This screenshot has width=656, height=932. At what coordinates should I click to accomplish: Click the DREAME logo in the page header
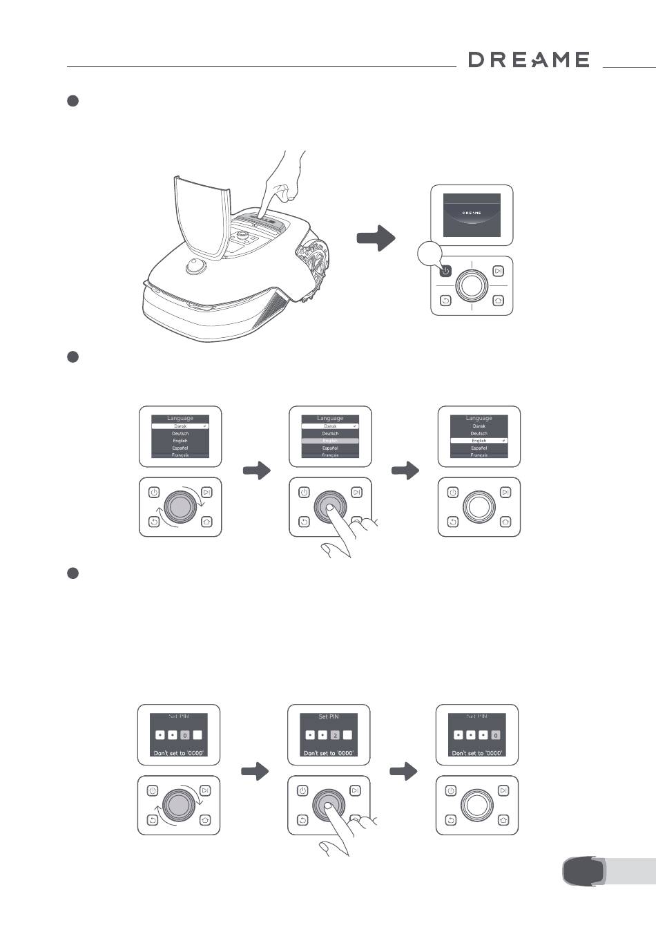tap(529, 60)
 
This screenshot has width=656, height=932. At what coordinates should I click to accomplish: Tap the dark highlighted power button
tap(445, 271)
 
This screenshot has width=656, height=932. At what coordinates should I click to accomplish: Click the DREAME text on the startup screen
tap(472, 213)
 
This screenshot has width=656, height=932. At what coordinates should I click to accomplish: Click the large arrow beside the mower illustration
tap(376, 238)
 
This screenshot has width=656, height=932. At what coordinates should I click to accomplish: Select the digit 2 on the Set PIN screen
tap(335, 735)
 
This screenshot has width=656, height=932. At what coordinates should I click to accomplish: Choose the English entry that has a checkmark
tap(479, 440)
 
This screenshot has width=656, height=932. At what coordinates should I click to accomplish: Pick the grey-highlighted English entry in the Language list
tap(330, 440)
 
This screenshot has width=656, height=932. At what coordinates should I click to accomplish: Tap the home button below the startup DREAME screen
tap(499, 301)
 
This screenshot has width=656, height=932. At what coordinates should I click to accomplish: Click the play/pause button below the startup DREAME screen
tap(499, 271)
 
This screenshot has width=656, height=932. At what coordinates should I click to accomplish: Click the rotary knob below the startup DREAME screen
tap(472, 285)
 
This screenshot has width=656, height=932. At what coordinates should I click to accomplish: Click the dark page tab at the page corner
tap(583, 871)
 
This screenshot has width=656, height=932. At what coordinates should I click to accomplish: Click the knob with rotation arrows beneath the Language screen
tap(180, 506)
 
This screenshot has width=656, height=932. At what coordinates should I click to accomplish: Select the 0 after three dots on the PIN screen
tap(495, 735)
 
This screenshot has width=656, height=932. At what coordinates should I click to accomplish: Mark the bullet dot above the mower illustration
tap(73, 101)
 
